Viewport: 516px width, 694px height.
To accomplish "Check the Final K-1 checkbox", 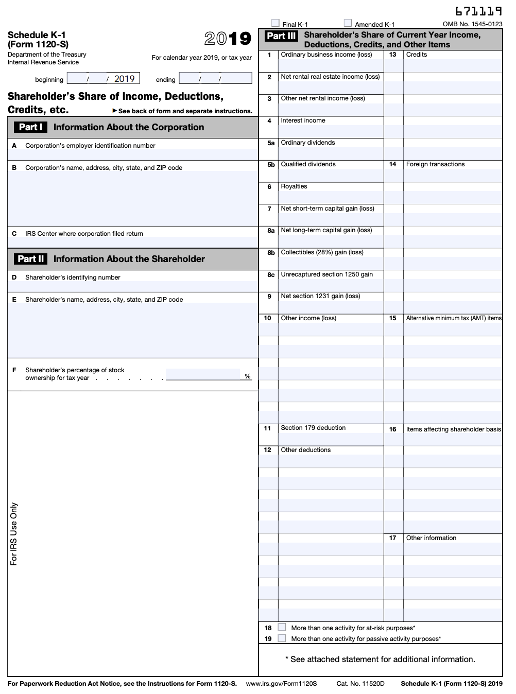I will point(276,23).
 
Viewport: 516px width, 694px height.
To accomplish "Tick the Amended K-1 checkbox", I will point(348,23).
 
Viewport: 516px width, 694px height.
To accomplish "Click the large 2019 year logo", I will point(228,39).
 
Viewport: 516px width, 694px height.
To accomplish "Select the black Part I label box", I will point(30,127).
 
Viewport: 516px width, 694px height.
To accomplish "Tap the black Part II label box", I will point(31,259).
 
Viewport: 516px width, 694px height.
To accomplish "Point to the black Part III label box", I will point(281,36).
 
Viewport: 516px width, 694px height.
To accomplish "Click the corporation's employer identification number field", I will point(133,154).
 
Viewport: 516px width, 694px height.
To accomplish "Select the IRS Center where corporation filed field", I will point(133,242).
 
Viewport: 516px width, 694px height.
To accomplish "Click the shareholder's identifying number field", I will point(133,286).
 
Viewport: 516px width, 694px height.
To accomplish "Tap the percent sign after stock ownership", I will point(248,376).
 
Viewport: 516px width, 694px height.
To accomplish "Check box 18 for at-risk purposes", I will point(282,627).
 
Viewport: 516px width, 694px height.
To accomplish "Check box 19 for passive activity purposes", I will point(282,638).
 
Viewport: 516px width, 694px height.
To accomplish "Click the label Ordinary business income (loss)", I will point(326,55).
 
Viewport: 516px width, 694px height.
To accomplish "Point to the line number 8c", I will point(270,275).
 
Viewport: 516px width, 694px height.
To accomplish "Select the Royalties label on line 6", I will point(294,186).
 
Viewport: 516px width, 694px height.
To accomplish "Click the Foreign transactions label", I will point(435,164).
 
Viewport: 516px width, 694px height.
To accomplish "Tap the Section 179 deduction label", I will point(313,428).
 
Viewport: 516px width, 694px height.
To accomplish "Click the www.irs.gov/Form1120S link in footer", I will point(281,684).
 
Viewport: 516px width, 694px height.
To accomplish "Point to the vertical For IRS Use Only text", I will point(14,534).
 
